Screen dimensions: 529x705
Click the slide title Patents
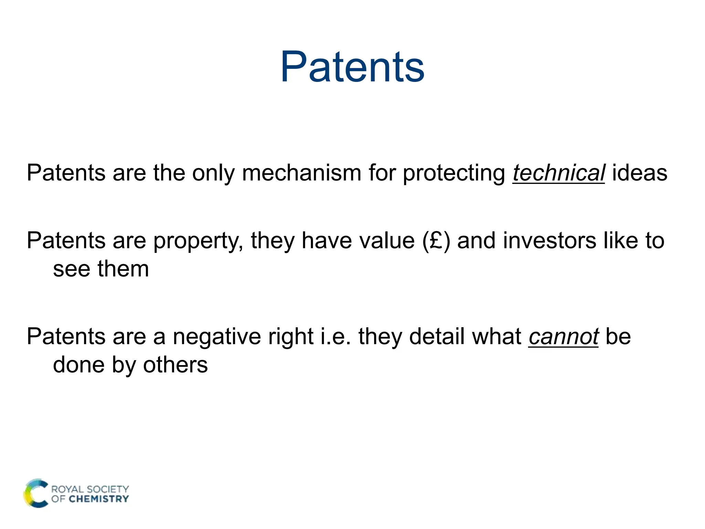point(352,67)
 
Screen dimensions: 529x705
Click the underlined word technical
point(558,173)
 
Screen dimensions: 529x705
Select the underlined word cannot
point(563,337)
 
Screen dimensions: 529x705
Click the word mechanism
point(301,173)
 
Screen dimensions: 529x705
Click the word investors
point(549,241)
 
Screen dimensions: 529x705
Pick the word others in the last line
point(175,365)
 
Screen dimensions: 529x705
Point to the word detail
point(437,337)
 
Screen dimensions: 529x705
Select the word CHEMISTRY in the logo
point(99,499)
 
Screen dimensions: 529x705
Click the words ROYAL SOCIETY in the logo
point(90,489)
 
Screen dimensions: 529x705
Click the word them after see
point(123,269)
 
